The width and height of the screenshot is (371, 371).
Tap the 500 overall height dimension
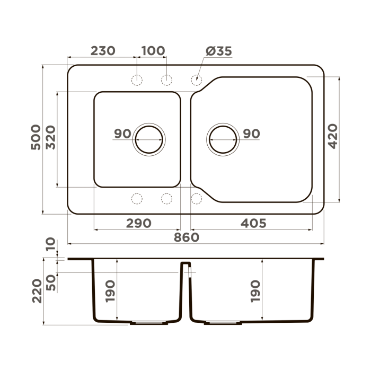click(35, 137)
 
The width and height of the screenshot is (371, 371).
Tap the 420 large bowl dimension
click(332, 136)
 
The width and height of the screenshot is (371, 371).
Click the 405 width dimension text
click(252, 223)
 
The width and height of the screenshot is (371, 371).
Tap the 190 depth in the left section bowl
click(111, 291)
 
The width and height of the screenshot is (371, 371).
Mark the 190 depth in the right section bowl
click(255, 291)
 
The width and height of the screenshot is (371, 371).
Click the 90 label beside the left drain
click(122, 134)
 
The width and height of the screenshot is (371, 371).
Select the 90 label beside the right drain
click(251, 134)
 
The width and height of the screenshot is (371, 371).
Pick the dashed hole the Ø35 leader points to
click(196, 80)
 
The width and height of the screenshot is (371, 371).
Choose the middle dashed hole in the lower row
click(166, 199)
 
